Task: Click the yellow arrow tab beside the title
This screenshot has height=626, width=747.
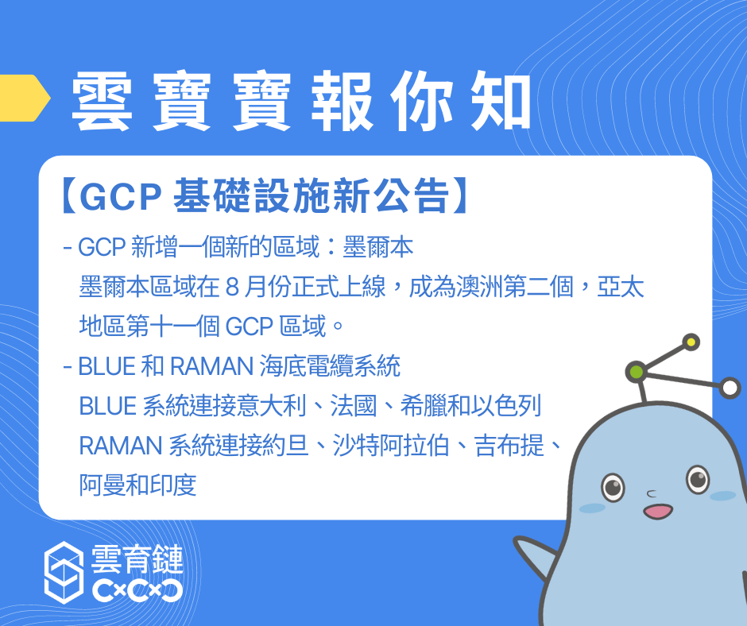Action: coord(24,98)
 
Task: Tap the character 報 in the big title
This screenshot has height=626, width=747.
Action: coord(342,101)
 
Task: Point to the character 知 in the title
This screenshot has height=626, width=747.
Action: coord(501,101)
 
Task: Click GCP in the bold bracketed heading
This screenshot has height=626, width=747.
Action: coord(121,196)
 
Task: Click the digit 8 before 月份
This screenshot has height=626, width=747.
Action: coord(232,288)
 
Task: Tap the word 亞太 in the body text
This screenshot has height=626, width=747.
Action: coord(621,287)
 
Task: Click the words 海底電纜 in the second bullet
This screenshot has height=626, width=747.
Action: coord(306,366)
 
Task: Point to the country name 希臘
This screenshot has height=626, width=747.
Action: coord(424,405)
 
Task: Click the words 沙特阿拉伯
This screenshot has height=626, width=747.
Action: coord(391,446)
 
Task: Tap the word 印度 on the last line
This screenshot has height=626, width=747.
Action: coord(173,485)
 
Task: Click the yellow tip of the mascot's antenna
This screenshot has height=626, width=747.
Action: coord(691,342)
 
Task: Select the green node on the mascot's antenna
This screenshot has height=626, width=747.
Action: coord(637,372)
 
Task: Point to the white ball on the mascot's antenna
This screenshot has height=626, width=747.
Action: coord(730,388)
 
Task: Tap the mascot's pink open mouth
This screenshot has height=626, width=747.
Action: coord(658,512)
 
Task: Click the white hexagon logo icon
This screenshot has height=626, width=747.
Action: coord(64,572)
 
